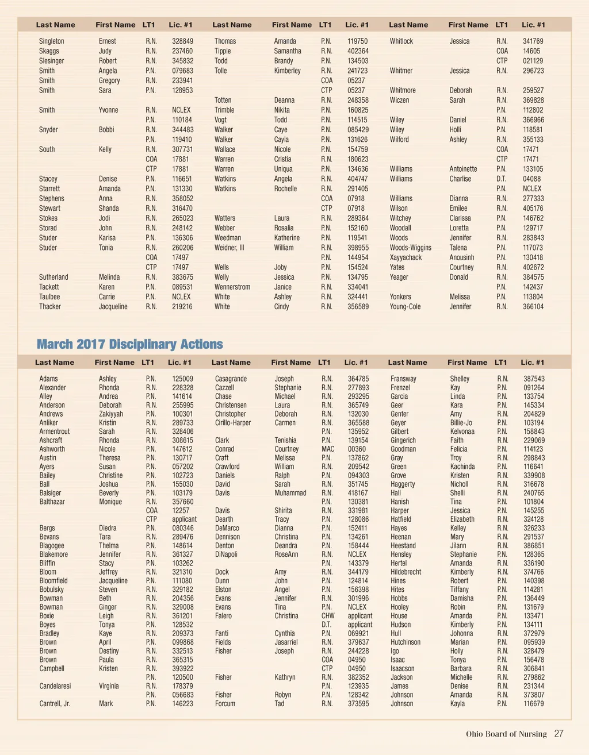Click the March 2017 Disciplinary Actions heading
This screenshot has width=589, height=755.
[x=129, y=344]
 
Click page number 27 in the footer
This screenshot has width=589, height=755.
[x=559, y=734]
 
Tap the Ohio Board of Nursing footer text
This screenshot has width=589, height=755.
[x=506, y=734]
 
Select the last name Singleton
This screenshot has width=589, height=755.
[x=52, y=41]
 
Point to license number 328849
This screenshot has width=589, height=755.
[x=182, y=41]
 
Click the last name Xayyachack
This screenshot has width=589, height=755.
[x=406, y=257]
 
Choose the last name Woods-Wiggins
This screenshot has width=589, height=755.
[x=411, y=248]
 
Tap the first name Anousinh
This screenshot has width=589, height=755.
[x=462, y=257]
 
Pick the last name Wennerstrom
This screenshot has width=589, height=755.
[x=232, y=287]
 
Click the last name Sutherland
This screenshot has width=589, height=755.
[x=53, y=277]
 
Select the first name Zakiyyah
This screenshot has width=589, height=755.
[x=110, y=414]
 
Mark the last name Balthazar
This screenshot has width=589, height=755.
[x=52, y=502]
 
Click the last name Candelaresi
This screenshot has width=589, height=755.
[x=55, y=686]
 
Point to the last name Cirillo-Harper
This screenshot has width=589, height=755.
[x=233, y=423]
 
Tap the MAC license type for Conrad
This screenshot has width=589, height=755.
[x=328, y=449]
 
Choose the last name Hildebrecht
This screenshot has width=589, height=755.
[x=406, y=572]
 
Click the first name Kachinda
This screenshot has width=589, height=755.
[x=462, y=467]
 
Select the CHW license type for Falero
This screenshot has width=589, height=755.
[x=328, y=616]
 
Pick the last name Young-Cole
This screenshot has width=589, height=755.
[x=405, y=307]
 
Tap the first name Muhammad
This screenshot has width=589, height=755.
[x=290, y=493]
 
